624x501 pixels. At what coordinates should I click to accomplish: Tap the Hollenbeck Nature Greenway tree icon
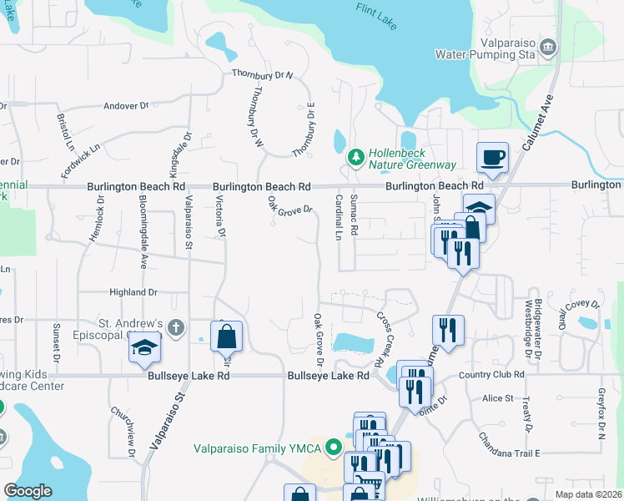click(x=356, y=156)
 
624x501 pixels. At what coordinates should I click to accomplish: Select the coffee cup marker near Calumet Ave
click(x=491, y=157)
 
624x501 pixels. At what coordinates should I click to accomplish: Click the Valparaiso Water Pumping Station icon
click(x=549, y=47)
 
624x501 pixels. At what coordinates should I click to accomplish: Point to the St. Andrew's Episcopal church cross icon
click(x=175, y=327)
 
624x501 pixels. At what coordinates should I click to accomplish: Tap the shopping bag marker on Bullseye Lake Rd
click(x=226, y=337)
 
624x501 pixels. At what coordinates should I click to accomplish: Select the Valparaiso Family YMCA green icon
click(x=335, y=448)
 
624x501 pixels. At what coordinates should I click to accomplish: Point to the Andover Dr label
click(x=125, y=106)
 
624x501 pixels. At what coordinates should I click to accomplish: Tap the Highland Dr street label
click(x=133, y=292)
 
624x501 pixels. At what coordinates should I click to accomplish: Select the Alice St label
click(x=498, y=399)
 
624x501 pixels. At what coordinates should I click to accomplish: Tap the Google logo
click(x=28, y=491)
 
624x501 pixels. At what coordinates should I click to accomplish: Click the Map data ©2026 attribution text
click(x=588, y=494)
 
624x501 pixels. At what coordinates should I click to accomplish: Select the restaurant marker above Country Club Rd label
click(x=449, y=330)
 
